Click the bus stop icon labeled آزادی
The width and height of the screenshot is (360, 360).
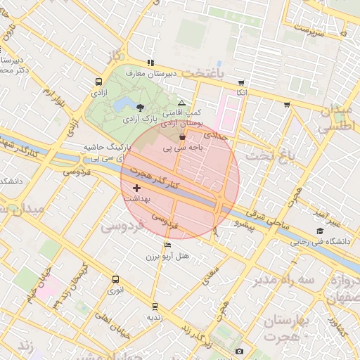(98, 82)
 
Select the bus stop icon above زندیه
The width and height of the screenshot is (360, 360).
(155, 307)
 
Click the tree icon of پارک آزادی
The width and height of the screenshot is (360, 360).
(141, 108)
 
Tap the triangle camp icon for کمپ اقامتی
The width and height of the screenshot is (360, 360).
(181, 103)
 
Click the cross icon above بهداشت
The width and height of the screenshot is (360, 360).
(136, 188)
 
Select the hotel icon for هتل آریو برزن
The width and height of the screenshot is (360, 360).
(167, 245)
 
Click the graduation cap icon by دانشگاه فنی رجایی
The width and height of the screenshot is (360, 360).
(321, 231)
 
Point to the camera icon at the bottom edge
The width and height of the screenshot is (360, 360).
(239, 351)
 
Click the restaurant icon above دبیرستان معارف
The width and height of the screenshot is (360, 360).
(149, 63)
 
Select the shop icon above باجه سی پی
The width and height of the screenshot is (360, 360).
(183, 137)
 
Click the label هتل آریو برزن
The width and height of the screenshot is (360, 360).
(168, 257)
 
